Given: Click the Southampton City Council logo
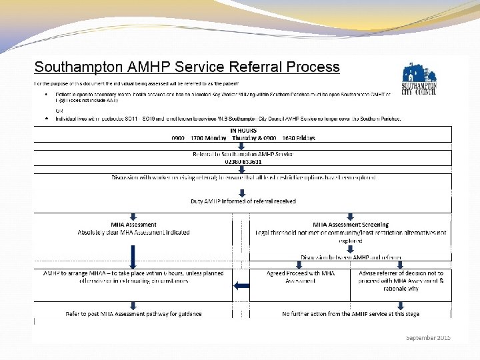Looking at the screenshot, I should pos(419,81).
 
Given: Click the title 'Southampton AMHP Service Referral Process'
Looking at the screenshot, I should pos(187,67).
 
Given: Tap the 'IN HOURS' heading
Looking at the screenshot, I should pos(243,131).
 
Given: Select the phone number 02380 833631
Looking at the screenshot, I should pos(243,161).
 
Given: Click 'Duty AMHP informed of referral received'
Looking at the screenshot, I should pos(243,201).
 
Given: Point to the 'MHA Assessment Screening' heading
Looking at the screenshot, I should pos(351,225).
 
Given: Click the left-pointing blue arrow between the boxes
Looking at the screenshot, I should pos(241,286).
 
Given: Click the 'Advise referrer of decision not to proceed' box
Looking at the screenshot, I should pos(401,281).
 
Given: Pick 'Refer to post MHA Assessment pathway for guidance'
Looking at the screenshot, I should pos(133,313).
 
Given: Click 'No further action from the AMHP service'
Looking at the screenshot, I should pos(351,313).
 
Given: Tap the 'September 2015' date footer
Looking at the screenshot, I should pos(428,338).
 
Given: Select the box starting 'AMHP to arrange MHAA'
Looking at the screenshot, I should pos(133,277).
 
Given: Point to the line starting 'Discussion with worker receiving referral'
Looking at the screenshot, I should pos(243,177).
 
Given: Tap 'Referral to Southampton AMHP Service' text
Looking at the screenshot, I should pos(243,154).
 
